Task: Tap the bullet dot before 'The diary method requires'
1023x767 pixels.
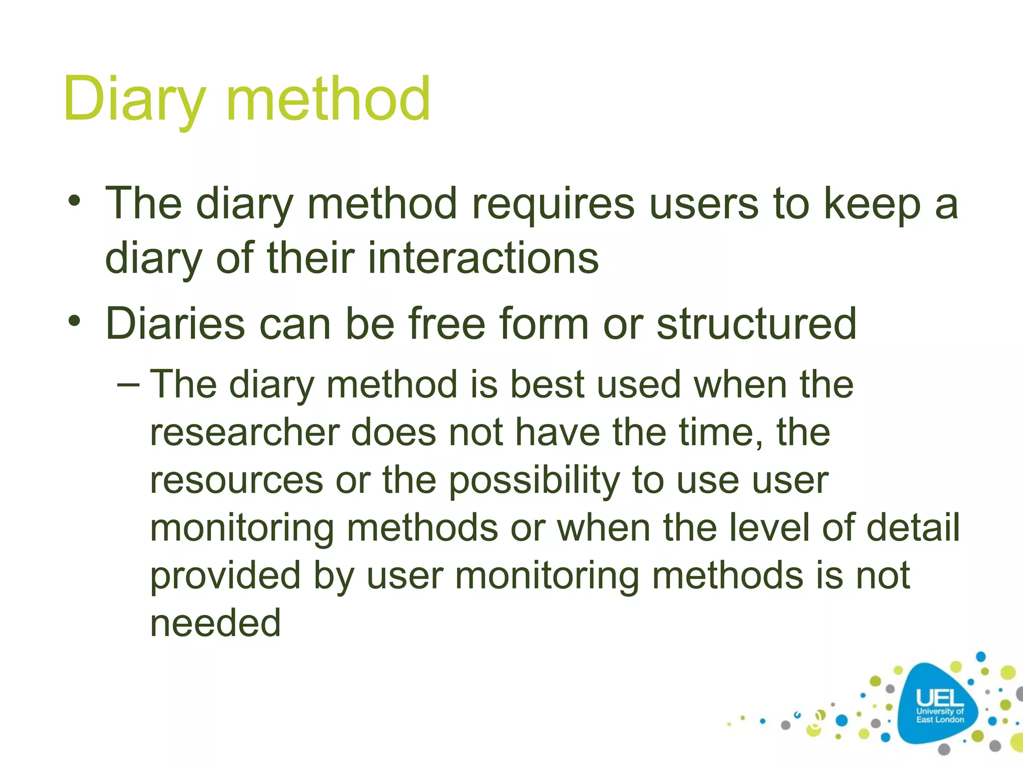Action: [74, 202]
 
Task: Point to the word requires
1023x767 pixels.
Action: [553, 204]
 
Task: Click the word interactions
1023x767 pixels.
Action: [483, 258]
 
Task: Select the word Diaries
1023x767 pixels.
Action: [175, 324]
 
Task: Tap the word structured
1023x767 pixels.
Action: [756, 324]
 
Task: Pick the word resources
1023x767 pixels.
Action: [236, 480]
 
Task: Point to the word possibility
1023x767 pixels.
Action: [533, 480]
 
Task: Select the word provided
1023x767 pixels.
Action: [225, 575]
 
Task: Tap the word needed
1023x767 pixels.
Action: [215, 623]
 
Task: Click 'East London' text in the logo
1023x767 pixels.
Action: [940, 720]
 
